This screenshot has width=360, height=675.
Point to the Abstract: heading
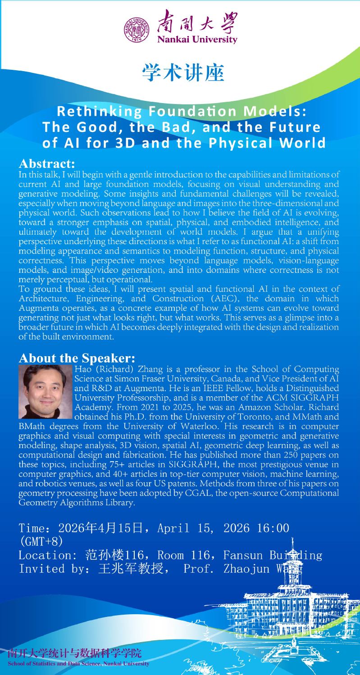click(x=46, y=163)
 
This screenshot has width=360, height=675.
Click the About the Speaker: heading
click(x=77, y=358)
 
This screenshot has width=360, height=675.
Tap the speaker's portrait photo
click(x=46, y=392)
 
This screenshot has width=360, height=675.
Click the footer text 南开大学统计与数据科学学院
click(x=74, y=653)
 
